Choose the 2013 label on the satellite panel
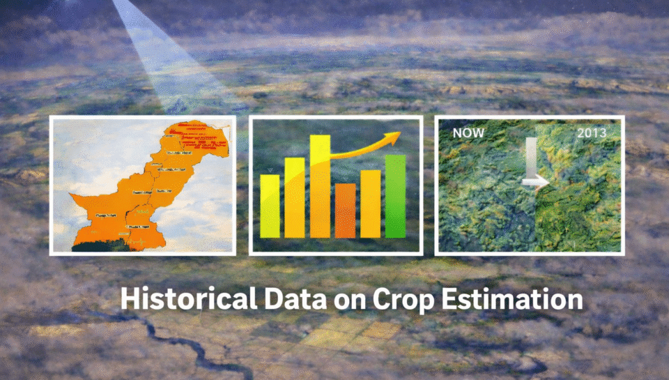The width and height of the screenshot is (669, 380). (592, 131)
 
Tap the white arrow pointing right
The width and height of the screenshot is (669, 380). (535, 183)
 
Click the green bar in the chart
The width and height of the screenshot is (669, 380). (395, 196)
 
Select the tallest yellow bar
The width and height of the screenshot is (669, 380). (320, 187)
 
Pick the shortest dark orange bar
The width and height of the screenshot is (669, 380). (345, 210)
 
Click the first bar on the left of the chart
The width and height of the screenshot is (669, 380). (270, 206)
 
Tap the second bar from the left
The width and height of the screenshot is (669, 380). (294, 197)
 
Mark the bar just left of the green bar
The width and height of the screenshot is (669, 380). (370, 204)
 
